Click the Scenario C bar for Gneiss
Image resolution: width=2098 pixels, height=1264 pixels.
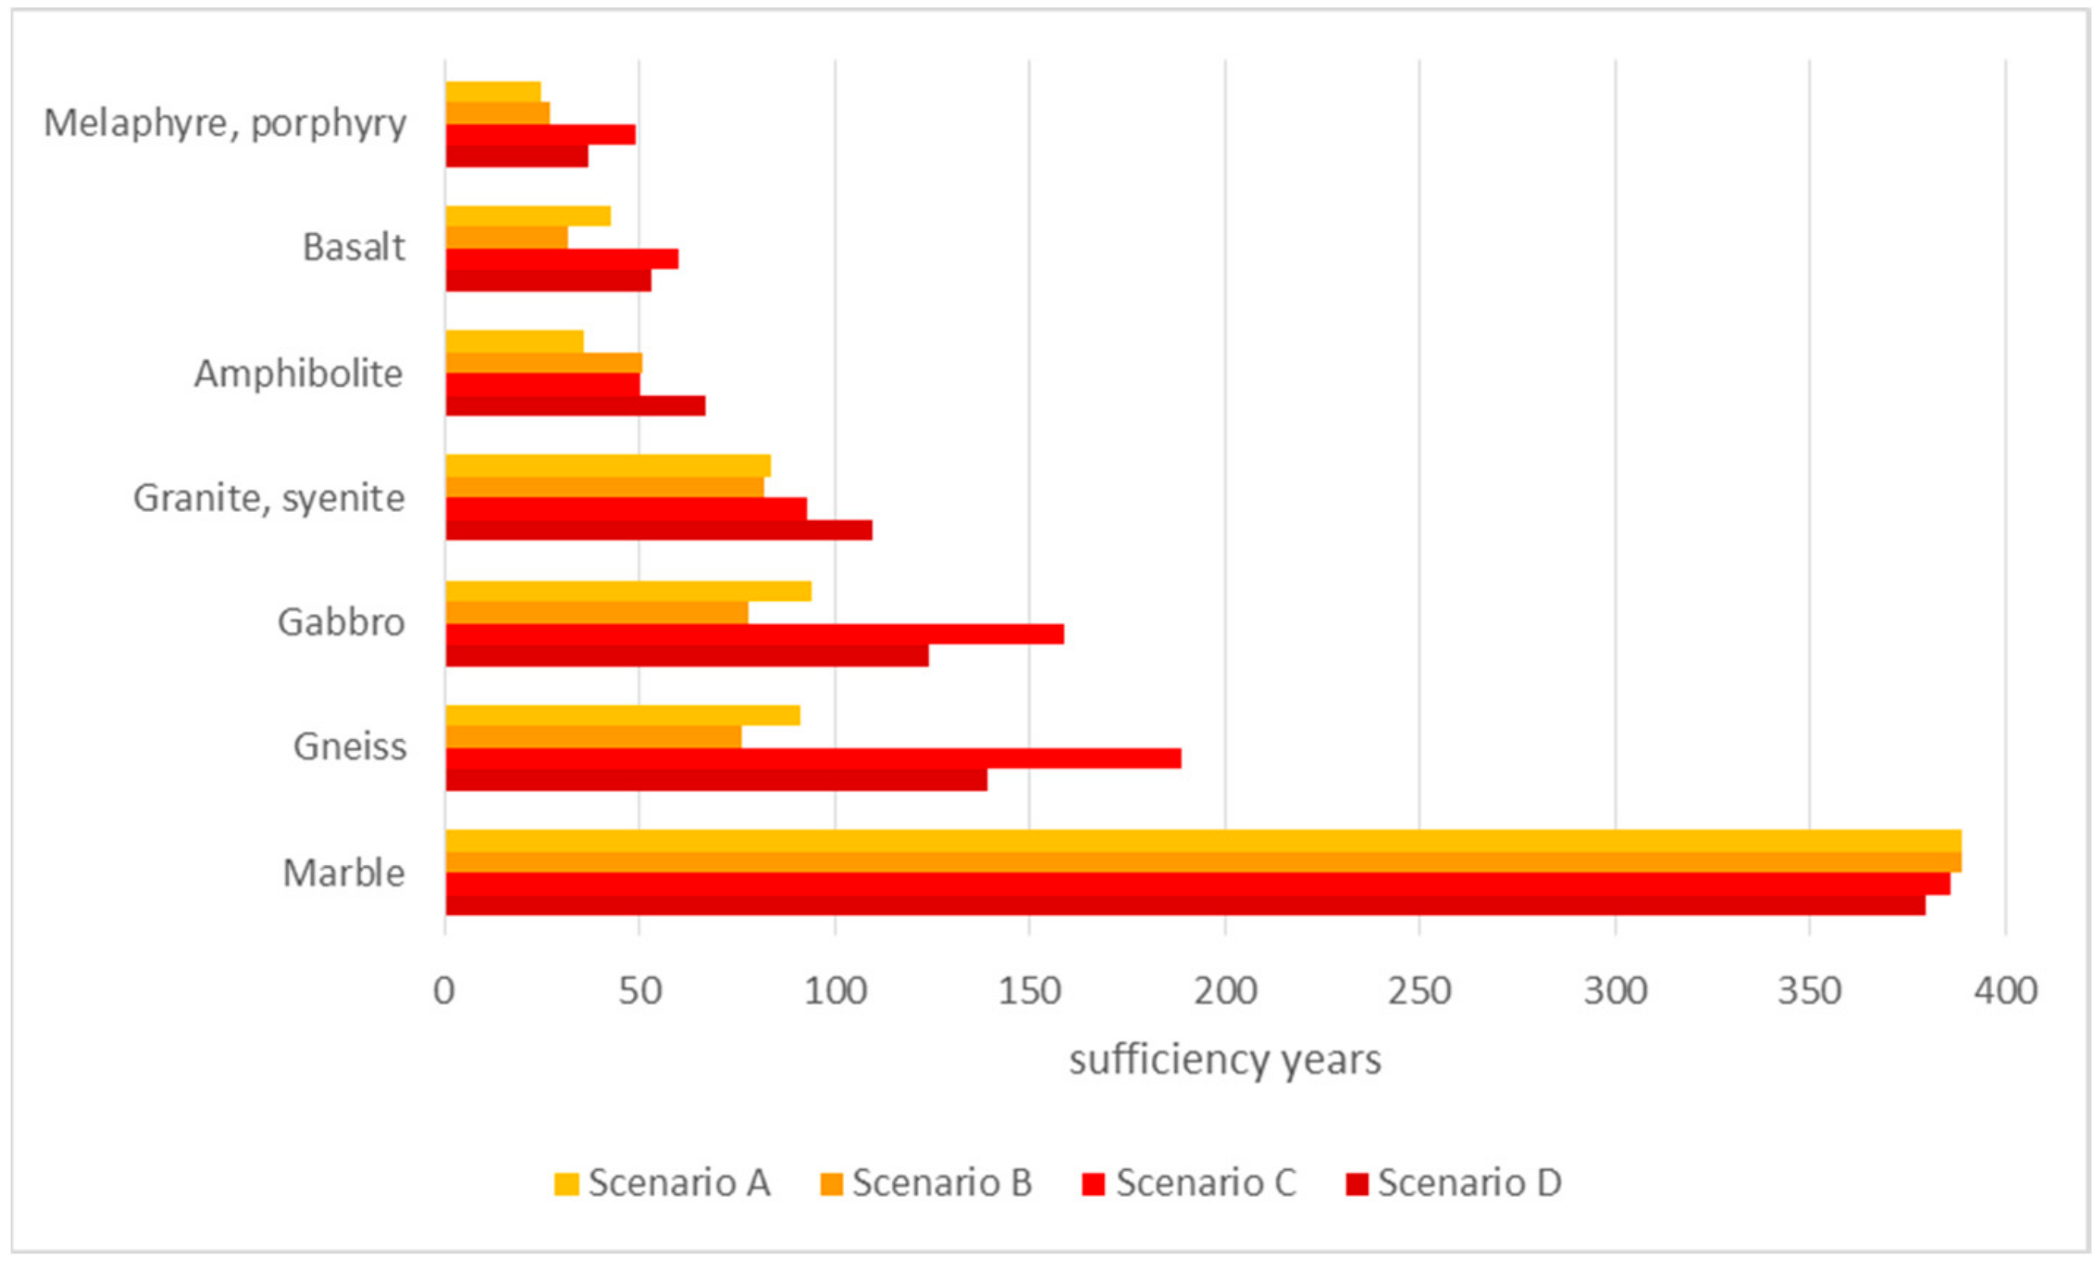tap(813, 759)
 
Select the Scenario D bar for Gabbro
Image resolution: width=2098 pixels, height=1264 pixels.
tap(687, 656)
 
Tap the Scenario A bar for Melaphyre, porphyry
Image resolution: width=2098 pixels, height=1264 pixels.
tap(493, 92)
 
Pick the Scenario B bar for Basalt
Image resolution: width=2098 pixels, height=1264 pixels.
tap(507, 237)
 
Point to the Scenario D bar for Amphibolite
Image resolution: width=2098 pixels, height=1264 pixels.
tap(576, 406)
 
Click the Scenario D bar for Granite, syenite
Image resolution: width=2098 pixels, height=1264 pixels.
tap(659, 531)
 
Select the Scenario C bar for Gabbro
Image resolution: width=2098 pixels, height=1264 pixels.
tap(754, 634)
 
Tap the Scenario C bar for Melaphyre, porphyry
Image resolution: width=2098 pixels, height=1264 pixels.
tap(541, 135)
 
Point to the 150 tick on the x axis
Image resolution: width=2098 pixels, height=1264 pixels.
tap(1030, 992)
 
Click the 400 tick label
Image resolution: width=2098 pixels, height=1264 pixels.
tap(2005, 992)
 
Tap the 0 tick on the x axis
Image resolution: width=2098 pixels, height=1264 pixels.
tap(444, 992)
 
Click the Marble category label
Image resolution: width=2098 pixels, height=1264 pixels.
tap(344, 873)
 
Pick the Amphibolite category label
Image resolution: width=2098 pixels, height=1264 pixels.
tap(298, 374)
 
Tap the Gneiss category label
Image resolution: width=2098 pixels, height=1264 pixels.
tap(350, 747)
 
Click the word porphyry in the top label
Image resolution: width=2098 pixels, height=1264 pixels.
tap(328, 125)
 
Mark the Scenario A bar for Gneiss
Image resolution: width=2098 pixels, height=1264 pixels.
tap(623, 715)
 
